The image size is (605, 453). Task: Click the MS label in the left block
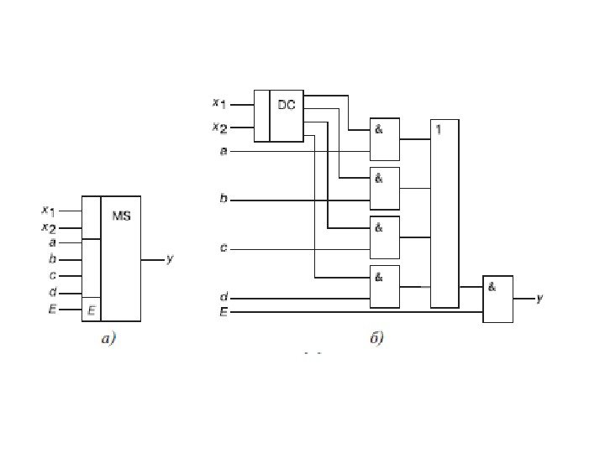click(x=122, y=216)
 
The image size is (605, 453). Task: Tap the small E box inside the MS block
click(x=91, y=310)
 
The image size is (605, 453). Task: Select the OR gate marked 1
click(x=445, y=213)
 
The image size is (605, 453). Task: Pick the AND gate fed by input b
click(x=387, y=188)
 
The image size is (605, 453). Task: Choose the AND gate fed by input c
click(x=387, y=237)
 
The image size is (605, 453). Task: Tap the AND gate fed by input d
click(x=387, y=286)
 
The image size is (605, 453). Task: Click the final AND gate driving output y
click(x=497, y=299)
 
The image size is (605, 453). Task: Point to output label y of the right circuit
click(x=539, y=298)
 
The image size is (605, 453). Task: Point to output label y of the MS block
click(x=169, y=259)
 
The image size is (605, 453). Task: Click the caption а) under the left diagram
click(x=108, y=339)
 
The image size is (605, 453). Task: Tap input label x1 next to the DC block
click(x=218, y=103)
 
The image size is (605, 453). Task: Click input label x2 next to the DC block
click(x=218, y=128)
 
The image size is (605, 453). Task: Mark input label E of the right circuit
click(x=223, y=312)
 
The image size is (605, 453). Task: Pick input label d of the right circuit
click(x=223, y=297)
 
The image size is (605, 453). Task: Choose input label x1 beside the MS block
click(x=48, y=211)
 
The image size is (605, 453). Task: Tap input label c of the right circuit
click(x=223, y=249)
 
